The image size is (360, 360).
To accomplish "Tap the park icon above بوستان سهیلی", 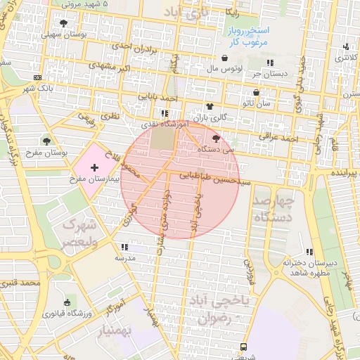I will point(64,23).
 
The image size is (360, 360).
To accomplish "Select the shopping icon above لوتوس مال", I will point(224,58).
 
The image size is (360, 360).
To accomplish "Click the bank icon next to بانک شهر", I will point(37,77).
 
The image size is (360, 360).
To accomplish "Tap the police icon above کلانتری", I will point(345,47).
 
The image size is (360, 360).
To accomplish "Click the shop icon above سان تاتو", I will point(256,92).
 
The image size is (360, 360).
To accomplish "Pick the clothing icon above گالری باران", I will point(209,105).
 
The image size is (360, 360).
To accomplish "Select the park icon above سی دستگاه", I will point(216,139).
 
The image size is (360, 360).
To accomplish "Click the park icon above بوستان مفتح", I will point(47,141).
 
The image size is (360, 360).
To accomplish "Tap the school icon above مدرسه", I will point(124,247).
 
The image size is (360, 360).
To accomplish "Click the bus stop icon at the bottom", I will point(243,347).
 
